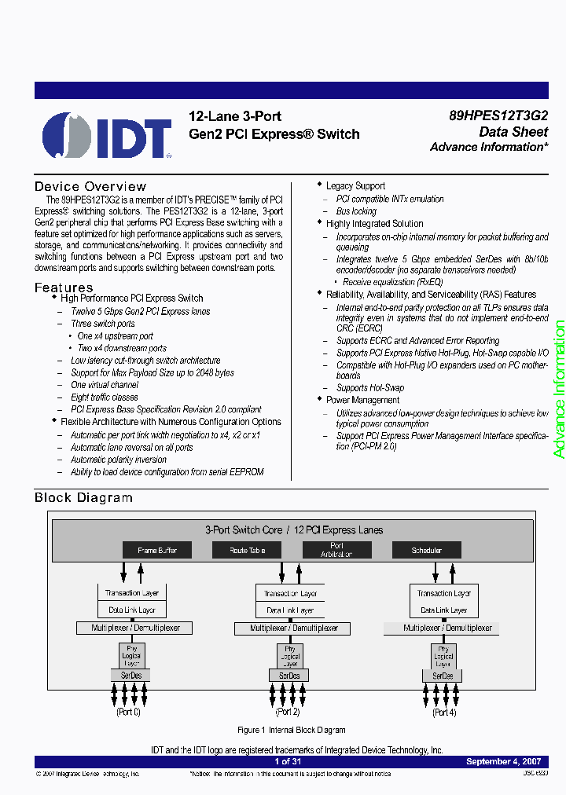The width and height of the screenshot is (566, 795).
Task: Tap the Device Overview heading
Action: click(x=90, y=186)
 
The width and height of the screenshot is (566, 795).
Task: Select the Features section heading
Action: click(x=64, y=288)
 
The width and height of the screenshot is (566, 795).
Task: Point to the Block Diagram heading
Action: click(x=83, y=497)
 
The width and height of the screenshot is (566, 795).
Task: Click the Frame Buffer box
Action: click(x=157, y=550)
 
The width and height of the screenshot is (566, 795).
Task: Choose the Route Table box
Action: click(x=247, y=550)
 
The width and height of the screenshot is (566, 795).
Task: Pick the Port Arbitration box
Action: click(x=336, y=550)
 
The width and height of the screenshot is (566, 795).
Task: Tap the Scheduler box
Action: click(x=427, y=550)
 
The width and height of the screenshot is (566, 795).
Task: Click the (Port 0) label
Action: click(x=128, y=712)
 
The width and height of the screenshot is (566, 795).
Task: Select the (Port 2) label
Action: click(x=287, y=712)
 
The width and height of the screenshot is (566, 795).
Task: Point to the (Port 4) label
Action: click(x=444, y=712)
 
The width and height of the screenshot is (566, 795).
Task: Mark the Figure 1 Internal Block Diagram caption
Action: click(x=292, y=730)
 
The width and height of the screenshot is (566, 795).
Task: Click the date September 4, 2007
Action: click(x=503, y=762)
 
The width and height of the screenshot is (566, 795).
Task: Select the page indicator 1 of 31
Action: click(x=289, y=762)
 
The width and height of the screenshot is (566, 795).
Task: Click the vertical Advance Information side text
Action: click(x=558, y=390)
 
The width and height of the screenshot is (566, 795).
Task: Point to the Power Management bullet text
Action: click(x=363, y=400)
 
